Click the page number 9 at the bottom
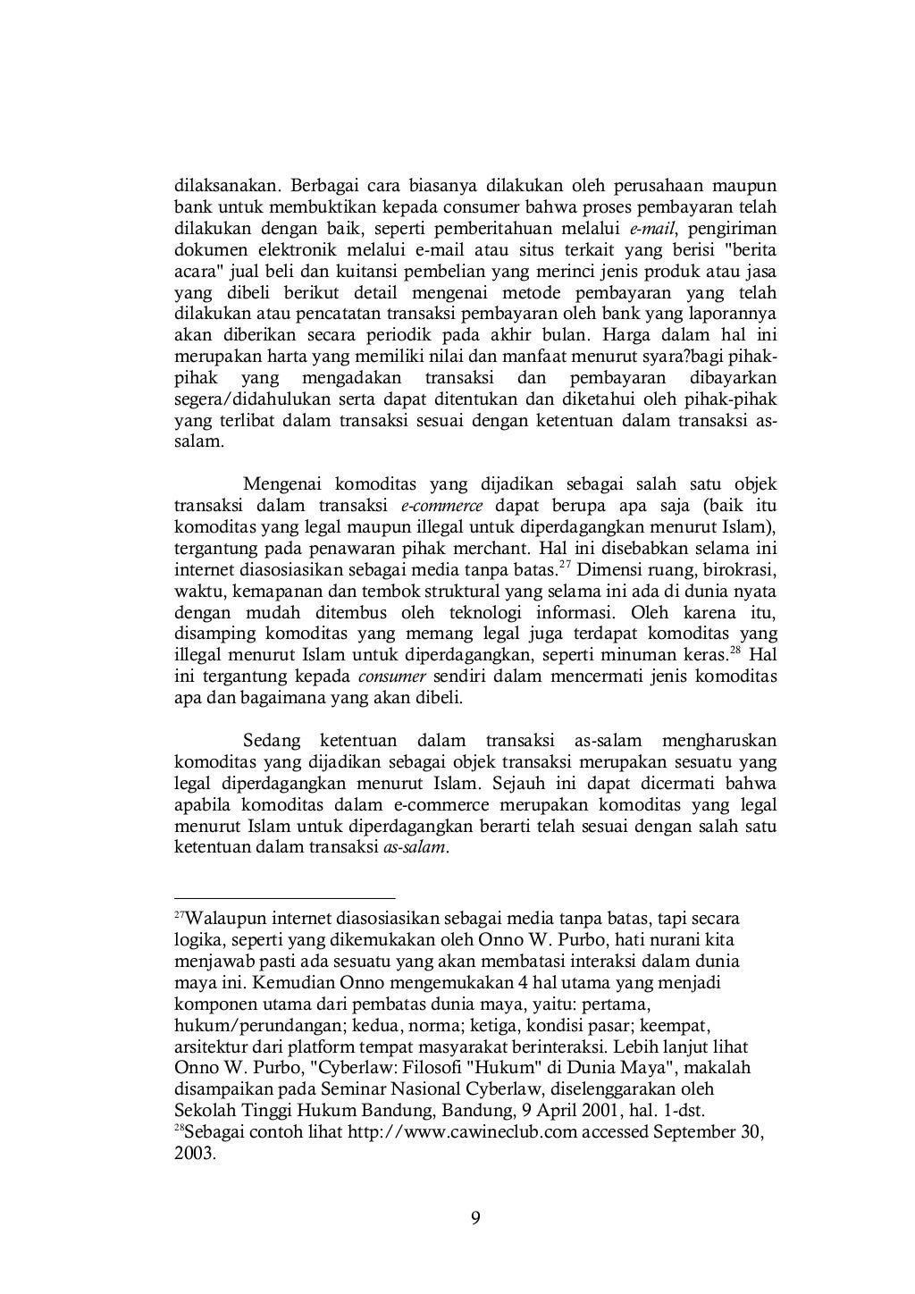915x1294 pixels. coord(475,1218)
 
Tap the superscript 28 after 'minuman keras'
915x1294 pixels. coord(735,649)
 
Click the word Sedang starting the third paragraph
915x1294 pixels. coord(269,742)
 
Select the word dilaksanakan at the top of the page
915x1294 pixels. coord(228,187)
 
